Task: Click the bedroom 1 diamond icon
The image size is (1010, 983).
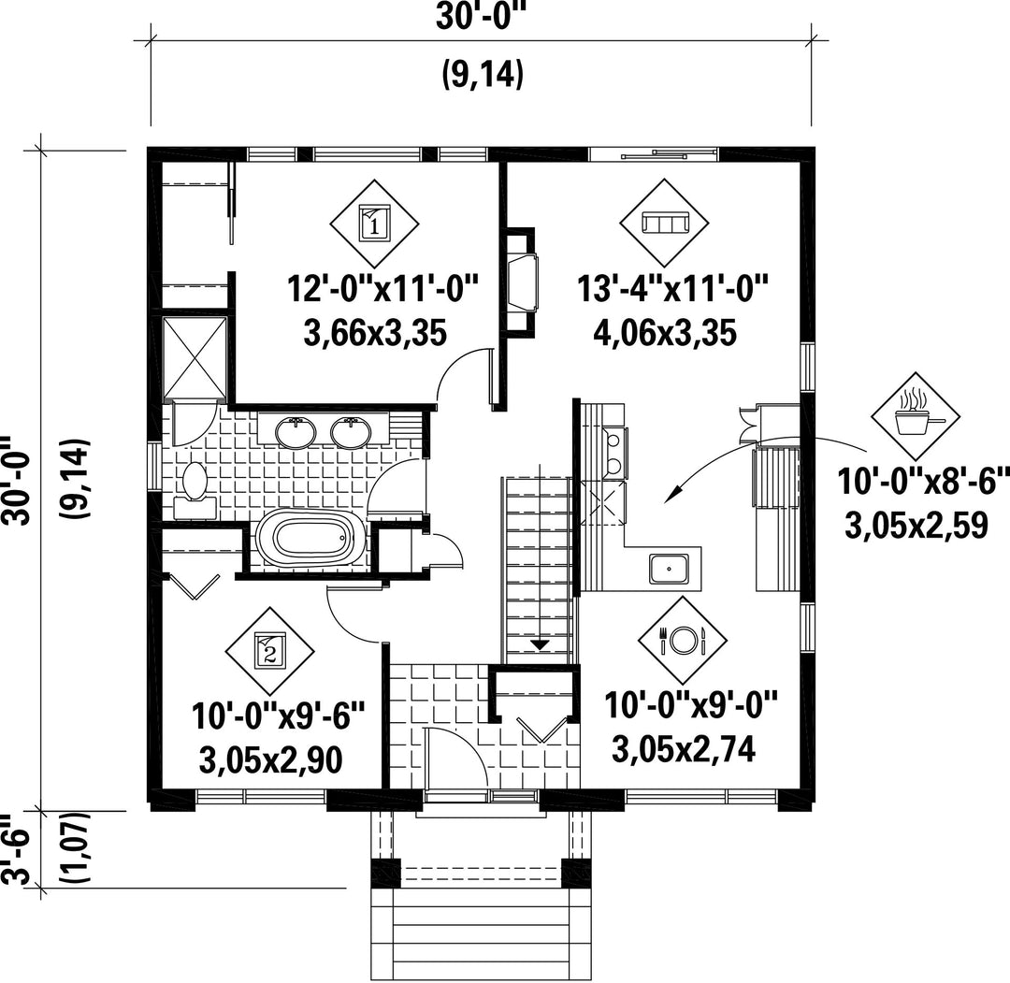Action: pyautogui.click(x=374, y=224)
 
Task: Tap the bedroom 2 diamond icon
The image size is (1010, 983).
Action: pyautogui.click(x=270, y=652)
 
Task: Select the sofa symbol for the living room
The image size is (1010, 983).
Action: pyautogui.click(x=665, y=224)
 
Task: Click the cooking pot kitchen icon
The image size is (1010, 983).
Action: pyautogui.click(x=916, y=417)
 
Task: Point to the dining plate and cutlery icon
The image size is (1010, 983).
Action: pyautogui.click(x=683, y=640)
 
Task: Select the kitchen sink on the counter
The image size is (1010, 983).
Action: pyautogui.click(x=668, y=568)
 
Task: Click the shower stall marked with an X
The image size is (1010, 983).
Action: pyautogui.click(x=195, y=358)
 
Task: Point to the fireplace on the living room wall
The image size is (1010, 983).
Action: pyautogui.click(x=521, y=281)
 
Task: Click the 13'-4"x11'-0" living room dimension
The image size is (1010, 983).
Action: pyautogui.click(x=672, y=289)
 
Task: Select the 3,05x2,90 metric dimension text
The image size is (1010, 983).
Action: pyautogui.click(x=270, y=760)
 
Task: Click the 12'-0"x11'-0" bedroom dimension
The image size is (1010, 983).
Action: pyautogui.click(x=383, y=289)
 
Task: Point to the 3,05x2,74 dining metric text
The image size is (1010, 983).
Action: pyautogui.click(x=683, y=749)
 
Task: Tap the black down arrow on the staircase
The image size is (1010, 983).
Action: pyautogui.click(x=540, y=644)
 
